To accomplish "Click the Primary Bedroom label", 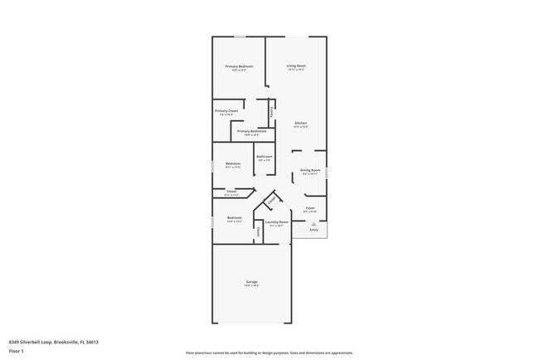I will [x=239, y=66].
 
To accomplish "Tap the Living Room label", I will [x=297, y=66].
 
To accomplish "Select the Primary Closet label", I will [x=226, y=111].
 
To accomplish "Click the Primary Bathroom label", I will [x=251, y=131].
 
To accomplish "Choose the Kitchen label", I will [x=300, y=124].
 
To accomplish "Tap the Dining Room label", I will [x=310, y=171].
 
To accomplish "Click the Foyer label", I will [x=309, y=207].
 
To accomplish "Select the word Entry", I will [x=313, y=230].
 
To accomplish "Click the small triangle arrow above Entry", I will [x=313, y=224].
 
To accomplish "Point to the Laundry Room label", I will [x=276, y=221].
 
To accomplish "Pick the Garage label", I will [x=251, y=282].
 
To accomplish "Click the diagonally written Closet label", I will [x=271, y=200].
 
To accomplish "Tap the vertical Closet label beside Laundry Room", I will [x=259, y=233].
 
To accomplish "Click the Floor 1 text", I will [x=15, y=351].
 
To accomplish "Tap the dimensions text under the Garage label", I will [x=251, y=287].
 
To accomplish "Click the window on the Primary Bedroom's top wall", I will [x=240, y=36].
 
